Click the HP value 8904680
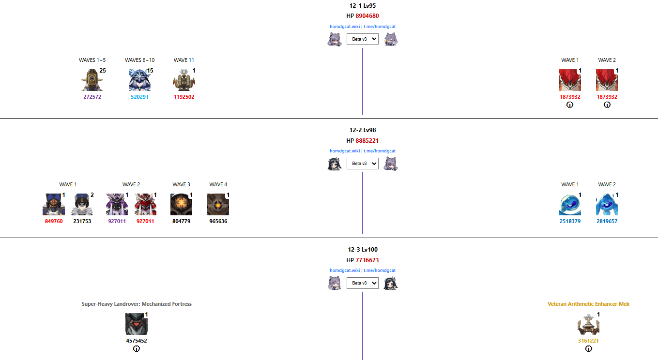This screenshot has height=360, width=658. point(367,16)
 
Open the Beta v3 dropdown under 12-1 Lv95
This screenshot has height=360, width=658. point(362,39)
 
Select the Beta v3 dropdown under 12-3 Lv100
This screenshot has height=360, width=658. point(362,283)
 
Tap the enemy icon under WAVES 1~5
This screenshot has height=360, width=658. point(92,80)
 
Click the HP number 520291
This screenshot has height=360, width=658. point(140,97)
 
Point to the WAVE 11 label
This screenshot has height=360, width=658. point(184,60)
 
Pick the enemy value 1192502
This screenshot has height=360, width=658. point(184,97)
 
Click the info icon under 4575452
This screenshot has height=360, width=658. point(137,349)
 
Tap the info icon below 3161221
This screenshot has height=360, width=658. point(589,349)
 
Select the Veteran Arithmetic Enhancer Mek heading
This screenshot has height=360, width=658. point(588,304)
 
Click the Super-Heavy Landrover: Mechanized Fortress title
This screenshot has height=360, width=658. point(137,304)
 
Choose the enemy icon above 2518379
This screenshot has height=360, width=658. point(570,205)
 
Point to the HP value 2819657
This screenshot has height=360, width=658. point(607,221)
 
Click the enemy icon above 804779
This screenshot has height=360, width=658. point(181,205)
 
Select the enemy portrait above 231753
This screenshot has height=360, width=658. point(82,205)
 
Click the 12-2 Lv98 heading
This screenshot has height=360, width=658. point(363,130)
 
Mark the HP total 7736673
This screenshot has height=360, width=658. point(367,260)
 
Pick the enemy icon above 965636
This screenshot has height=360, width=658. point(218,205)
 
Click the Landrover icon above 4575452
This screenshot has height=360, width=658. point(136,324)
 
